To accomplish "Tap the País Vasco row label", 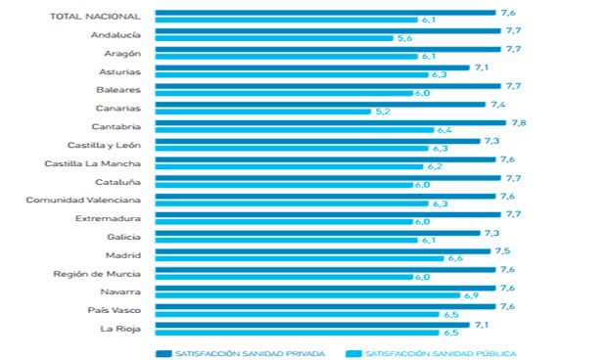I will coord(117,309).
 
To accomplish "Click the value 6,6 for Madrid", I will coord(454,258).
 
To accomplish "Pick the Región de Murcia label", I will coord(96,273).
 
